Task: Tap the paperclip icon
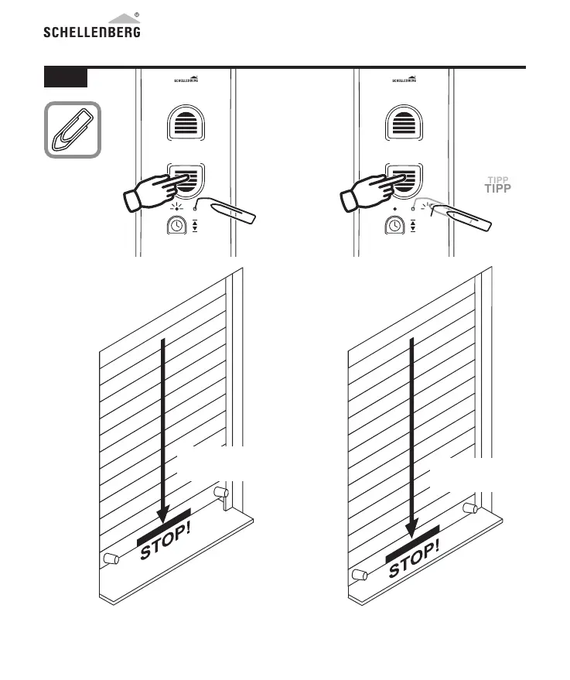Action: pos(72,130)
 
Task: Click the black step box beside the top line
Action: pos(65,77)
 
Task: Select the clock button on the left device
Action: pos(177,225)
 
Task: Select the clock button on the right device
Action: pos(394,225)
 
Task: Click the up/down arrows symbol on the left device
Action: pos(195,225)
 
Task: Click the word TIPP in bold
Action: pos(498,189)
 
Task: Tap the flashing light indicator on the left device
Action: pos(176,207)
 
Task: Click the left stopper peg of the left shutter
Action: pos(109,559)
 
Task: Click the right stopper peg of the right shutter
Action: pos(468,508)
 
